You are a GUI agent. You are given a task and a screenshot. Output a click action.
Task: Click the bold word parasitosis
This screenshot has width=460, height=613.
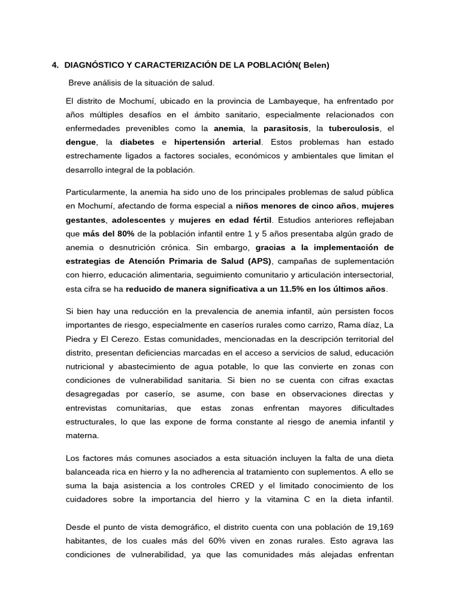pyautogui.click(x=286, y=128)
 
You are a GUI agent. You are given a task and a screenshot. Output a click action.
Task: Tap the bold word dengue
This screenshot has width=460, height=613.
pyautogui.click(x=81, y=142)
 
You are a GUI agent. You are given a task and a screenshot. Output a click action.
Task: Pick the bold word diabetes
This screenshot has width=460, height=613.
pyautogui.click(x=137, y=142)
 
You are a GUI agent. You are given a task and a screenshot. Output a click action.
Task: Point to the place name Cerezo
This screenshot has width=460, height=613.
pyautogui.click(x=138, y=339)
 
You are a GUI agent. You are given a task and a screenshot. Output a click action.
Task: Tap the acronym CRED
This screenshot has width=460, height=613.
pyautogui.click(x=244, y=485)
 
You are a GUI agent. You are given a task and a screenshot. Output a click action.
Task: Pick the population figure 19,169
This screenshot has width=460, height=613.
pyautogui.click(x=378, y=527)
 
